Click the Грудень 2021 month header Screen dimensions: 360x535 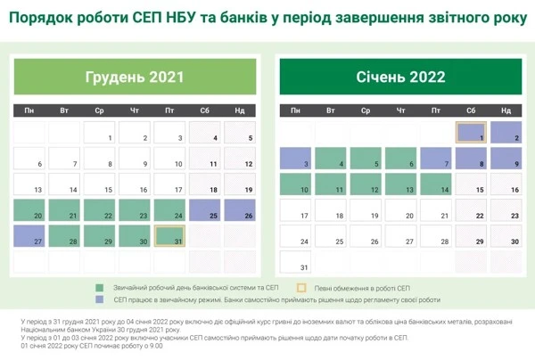tap(134, 77)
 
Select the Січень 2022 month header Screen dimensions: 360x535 tap(400, 77)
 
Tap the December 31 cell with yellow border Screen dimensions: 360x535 tap(169, 236)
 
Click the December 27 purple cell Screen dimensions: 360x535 tap(29, 236)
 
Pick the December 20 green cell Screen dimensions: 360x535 tap(29, 210)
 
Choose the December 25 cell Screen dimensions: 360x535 tap(204, 210)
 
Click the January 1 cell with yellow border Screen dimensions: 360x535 tap(471, 133)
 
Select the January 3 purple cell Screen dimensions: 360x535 tap(295, 159)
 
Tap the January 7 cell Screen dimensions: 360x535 tap(436, 159)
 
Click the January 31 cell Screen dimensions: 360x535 tap(295, 262)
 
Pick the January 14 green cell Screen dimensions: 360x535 tap(436, 184)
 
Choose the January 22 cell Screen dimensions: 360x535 tap(471, 210)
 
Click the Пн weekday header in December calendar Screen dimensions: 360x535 tap(29, 110)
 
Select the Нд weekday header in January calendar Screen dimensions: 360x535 tap(506, 110)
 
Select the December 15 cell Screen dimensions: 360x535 tap(99, 184)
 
